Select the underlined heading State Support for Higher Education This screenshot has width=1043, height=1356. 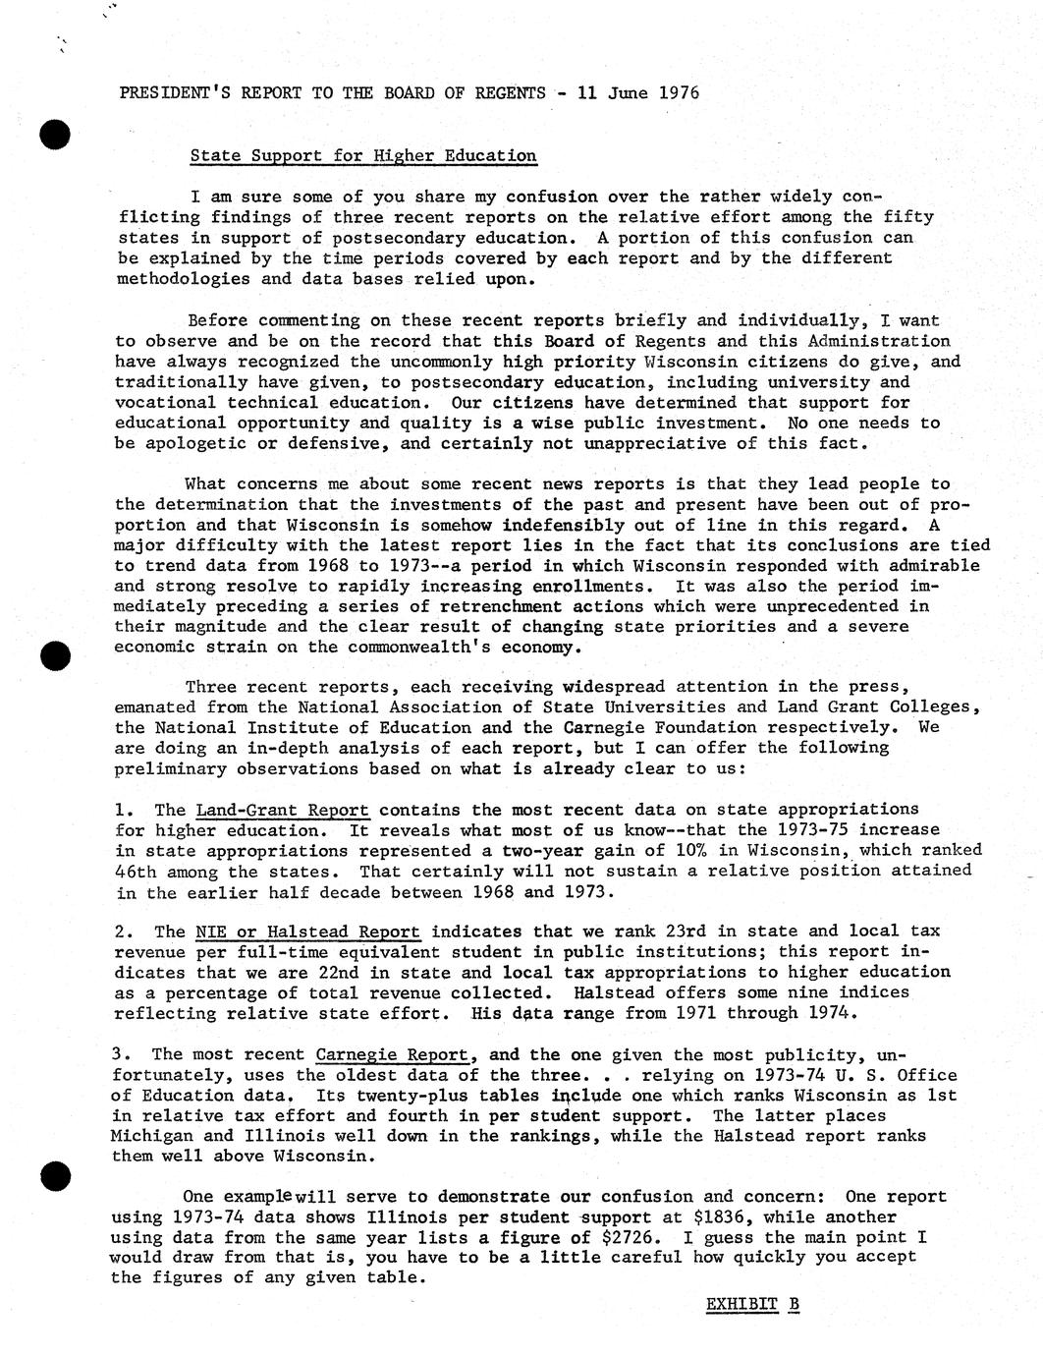pyautogui.click(x=362, y=155)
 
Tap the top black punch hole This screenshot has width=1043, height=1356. pyautogui.click(x=56, y=133)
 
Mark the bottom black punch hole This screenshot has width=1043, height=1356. pyautogui.click(x=57, y=1174)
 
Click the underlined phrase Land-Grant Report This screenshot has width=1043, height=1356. pyautogui.click(x=283, y=810)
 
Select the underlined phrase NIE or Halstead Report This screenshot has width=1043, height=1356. pyautogui.click(x=307, y=932)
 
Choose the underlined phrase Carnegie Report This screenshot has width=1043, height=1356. pyautogui.click(x=392, y=1054)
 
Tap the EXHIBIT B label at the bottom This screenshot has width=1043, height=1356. pyautogui.click(x=752, y=1304)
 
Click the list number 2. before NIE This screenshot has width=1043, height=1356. pyautogui.click(x=123, y=932)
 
